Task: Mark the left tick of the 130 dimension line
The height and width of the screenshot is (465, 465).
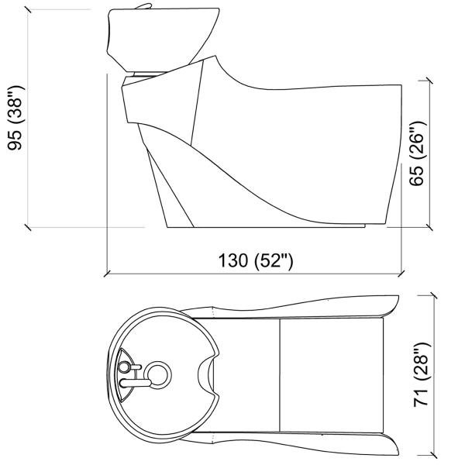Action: pos(106,273)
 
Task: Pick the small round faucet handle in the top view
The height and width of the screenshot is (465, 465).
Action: pos(124,365)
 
